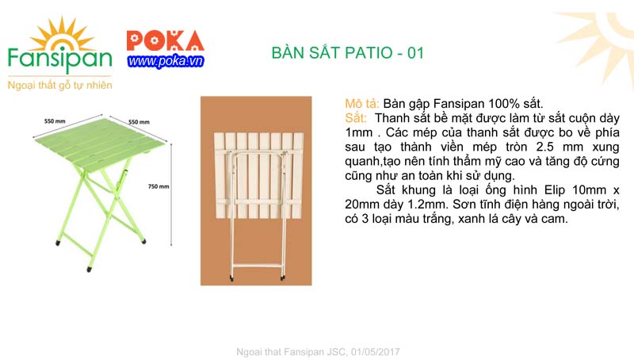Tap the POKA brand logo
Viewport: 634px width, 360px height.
pyautogui.click(x=165, y=40)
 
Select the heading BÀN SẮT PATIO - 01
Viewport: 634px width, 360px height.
pyautogui.click(x=349, y=54)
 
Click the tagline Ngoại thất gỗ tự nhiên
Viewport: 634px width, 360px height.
pyautogui.click(x=59, y=84)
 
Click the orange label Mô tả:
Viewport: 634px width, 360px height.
pyautogui.click(x=363, y=104)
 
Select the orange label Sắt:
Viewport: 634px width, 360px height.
pyautogui.click(x=357, y=118)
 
